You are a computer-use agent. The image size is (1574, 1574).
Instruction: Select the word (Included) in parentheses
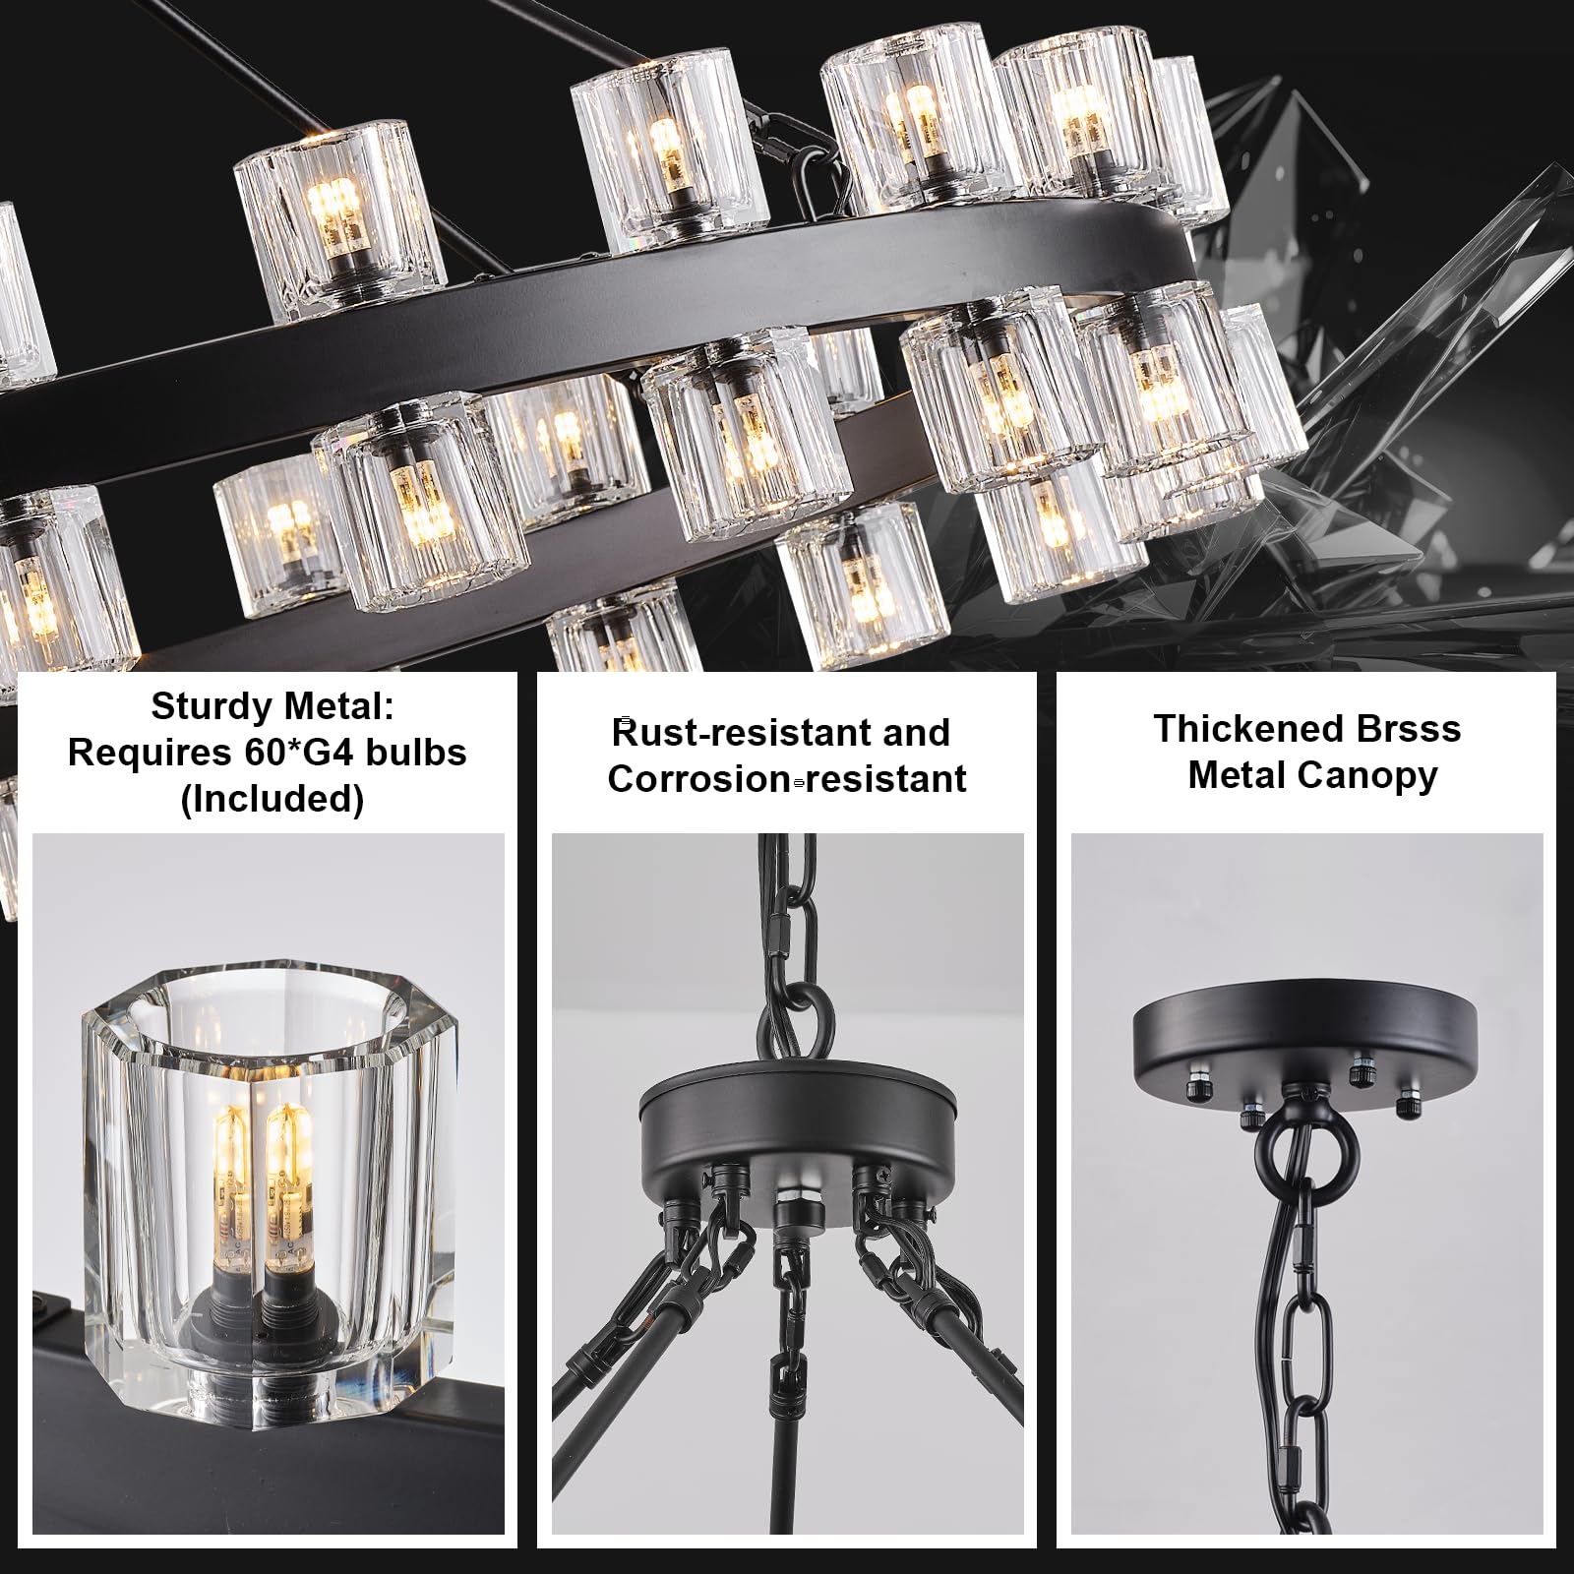pos(272,799)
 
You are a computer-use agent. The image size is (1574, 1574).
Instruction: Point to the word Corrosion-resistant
pos(787,779)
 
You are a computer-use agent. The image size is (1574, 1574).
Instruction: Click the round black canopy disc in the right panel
pos(1305,1051)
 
